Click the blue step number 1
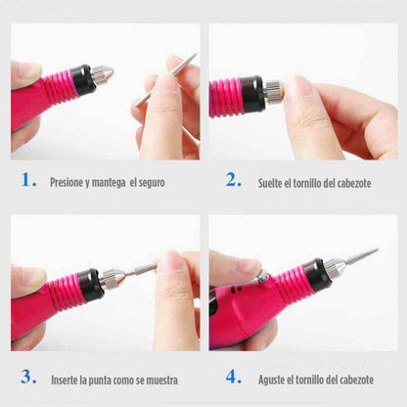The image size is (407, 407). [30, 180]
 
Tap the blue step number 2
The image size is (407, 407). [233, 180]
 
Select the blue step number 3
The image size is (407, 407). [29, 376]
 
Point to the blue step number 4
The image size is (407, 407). [233, 376]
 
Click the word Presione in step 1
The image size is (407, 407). [68, 182]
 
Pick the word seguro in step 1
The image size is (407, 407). [150, 182]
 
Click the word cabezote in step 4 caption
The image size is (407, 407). [376, 378]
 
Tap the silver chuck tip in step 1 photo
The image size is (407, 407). [102, 73]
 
